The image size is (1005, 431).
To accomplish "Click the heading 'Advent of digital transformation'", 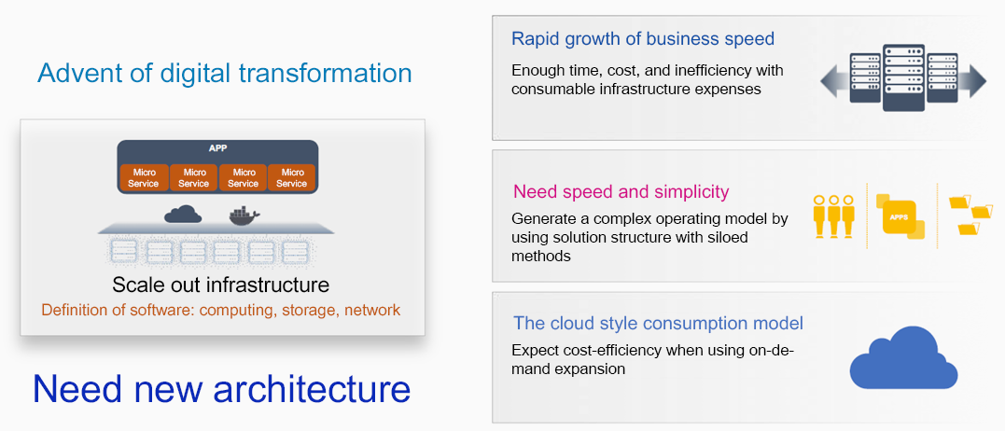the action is coord(224,73).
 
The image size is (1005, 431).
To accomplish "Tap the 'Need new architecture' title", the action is coord(221,388).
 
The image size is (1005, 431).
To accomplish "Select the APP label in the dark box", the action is coord(218,148).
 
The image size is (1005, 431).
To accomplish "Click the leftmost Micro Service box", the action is coord(145,177).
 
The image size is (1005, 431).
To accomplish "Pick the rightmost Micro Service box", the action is coord(292,177).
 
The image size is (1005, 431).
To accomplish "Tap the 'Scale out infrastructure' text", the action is coord(221,285).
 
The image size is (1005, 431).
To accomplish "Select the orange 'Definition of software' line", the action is coord(221,310).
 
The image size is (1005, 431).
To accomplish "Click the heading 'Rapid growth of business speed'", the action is coord(643,39).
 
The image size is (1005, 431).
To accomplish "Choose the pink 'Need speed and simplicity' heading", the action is coord(621,191).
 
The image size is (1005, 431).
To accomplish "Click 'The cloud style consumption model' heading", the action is coord(658,323).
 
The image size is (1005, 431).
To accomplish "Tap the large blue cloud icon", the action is coord(903,357).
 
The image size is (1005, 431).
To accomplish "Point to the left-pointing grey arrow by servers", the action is coord(834,80).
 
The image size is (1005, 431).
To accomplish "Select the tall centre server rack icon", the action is coord(903,77).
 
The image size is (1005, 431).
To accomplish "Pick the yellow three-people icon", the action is coord(834,216).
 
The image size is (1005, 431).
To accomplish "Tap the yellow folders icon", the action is coord(970,215).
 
